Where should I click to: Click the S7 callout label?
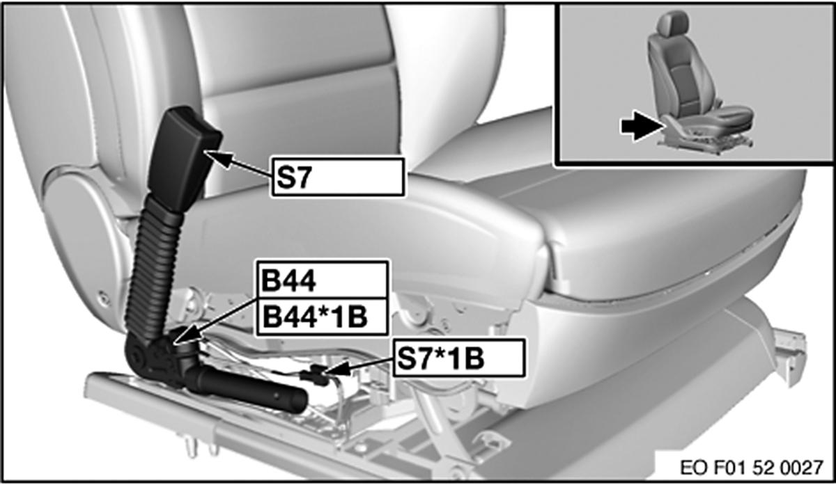(x=338, y=177)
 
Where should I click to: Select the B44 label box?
(x=323, y=280)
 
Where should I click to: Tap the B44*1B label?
(x=323, y=317)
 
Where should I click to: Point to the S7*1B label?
(x=459, y=358)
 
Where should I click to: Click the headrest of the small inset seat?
(x=672, y=22)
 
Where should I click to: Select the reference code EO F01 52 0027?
(x=751, y=468)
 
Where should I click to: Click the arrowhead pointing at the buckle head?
(x=218, y=159)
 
